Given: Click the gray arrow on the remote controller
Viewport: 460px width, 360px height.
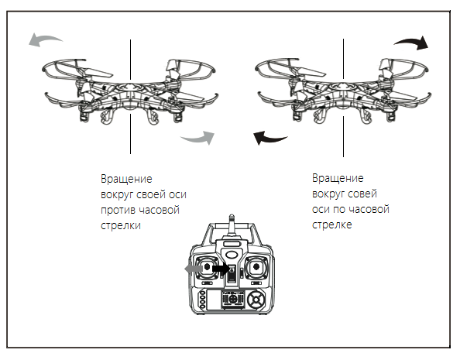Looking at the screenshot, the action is pyautogui.click(x=194, y=268).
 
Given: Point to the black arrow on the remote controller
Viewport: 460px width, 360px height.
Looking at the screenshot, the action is pyautogui.click(x=221, y=268).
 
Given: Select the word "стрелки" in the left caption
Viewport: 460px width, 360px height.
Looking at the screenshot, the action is pyautogui.click(x=121, y=225).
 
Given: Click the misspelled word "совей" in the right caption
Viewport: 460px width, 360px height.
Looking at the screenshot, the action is pyautogui.click(x=362, y=194).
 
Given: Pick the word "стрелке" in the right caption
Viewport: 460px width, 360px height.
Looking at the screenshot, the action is pyautogui.click(x=331, y=225).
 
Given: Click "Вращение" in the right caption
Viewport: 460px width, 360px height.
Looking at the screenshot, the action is pyautogui.click(x=338, y=178).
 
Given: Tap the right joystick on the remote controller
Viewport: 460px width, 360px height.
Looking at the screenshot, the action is pyautogui.click(x=256, y=267).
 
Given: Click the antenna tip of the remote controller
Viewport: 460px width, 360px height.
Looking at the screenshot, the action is pyautogui.click(x=232, y=216).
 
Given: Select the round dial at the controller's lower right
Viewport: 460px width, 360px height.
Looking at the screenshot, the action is pyautogui.click(x=256, y=300).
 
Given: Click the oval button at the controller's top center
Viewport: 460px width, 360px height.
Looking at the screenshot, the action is pyautogui.click(x=232, y=255).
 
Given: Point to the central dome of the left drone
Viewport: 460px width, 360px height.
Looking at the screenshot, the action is pyautogui.click(x=129, y=87).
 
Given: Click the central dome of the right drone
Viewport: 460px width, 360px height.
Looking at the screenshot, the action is pyautogui.click(x=342, y=87).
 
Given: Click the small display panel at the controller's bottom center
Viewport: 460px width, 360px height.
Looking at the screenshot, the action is pyautogui.click(x=233, y=300).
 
